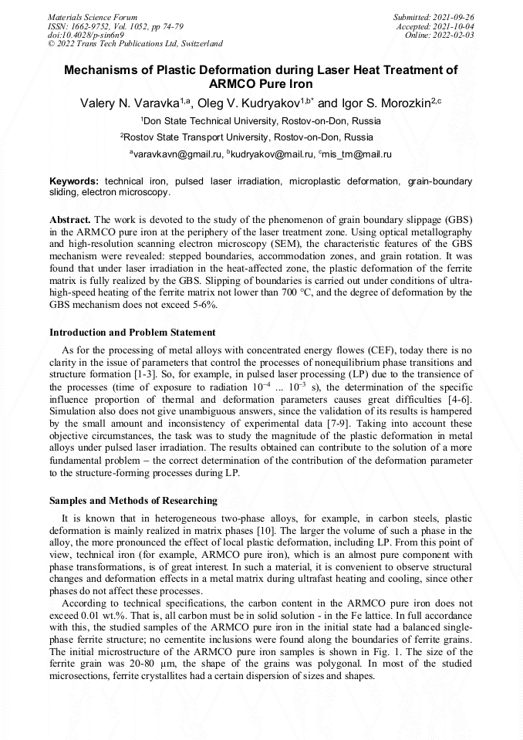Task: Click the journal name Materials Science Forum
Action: (x=93, y=16)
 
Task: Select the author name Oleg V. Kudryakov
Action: (x=255, y=103)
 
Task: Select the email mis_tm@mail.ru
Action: (x=357, y=154)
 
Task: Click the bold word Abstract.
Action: (x=70, y=219)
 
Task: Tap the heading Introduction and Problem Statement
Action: (x=132, y=333)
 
